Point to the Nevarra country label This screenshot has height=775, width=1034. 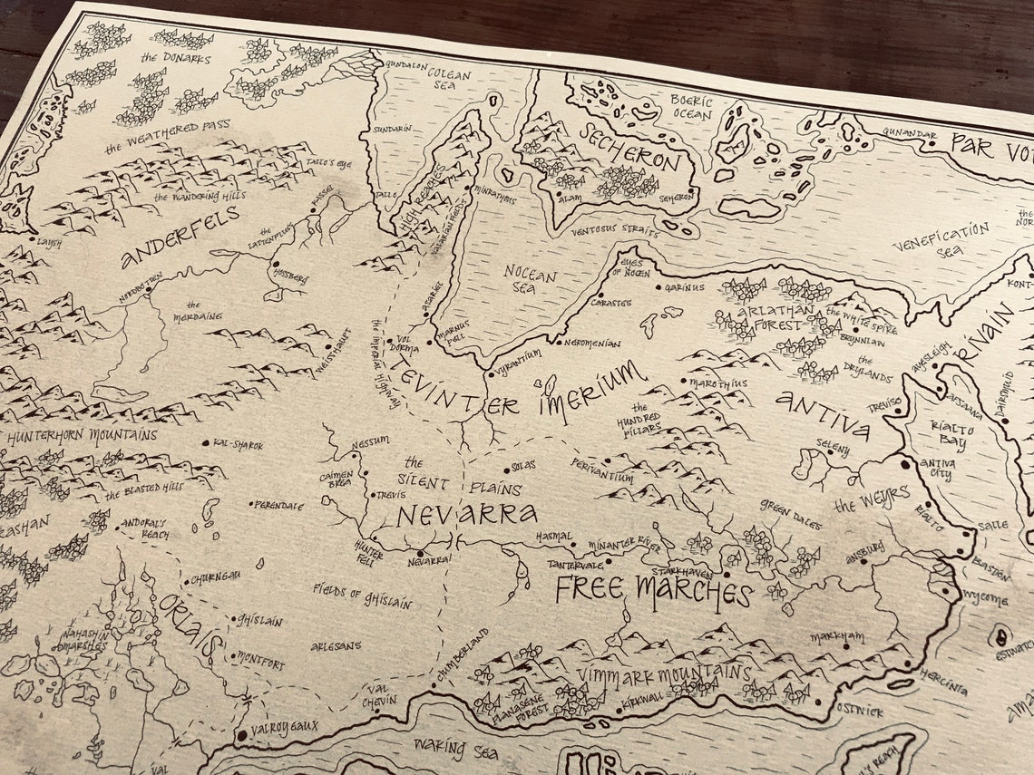(x=466, y=515)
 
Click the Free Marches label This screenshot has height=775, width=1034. (x=653, y=591)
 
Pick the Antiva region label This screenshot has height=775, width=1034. (x=821, y=414)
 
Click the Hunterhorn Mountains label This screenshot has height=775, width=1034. (x=82, y=436)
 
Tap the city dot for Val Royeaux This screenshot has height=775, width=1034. (x=240, y=734)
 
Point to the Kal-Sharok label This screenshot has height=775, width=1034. (x=238, y=445)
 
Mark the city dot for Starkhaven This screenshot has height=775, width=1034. (x=726, y=574)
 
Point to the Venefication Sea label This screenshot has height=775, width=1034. (x=940, y=239)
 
